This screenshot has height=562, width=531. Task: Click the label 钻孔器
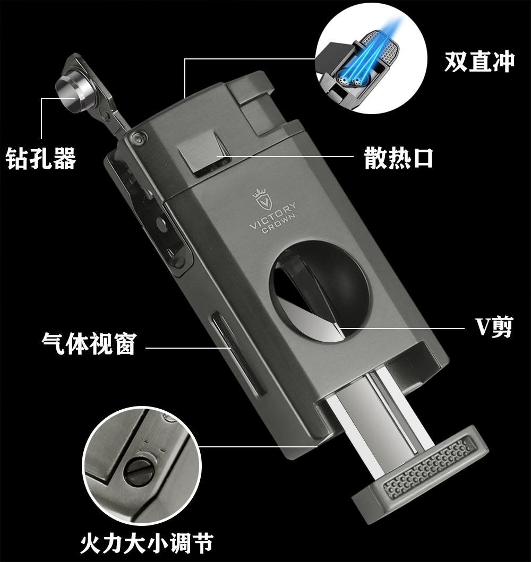(41, 158)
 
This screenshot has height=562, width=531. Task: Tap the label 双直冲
(479, 62)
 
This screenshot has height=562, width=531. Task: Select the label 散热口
(399, 158)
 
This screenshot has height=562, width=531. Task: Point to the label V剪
(494, 327)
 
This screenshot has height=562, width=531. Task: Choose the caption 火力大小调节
(146, 543)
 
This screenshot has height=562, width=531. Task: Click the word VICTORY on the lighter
(273, 215)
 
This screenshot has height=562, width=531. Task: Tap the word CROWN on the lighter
(279, 223)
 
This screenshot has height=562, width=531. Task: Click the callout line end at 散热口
(217, 156)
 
